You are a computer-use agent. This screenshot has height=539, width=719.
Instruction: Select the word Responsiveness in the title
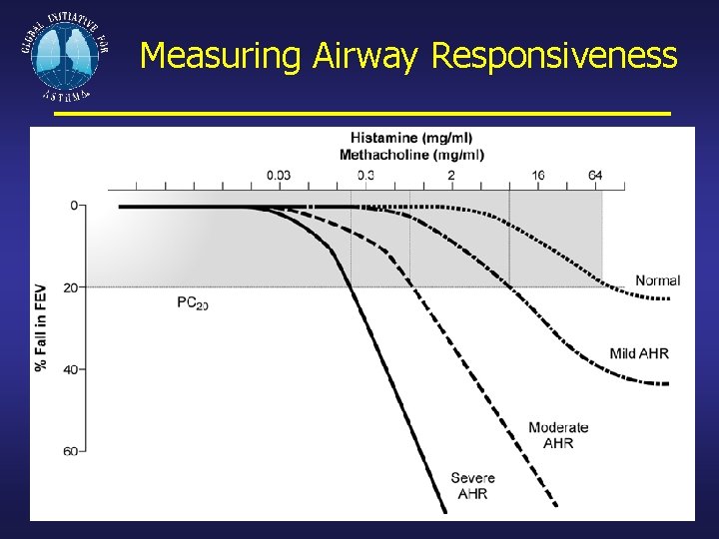click(x=554, y=56)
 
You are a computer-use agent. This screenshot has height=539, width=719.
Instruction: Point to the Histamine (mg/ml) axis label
click(x=411, y=138)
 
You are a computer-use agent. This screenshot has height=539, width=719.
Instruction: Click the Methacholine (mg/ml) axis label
click(x=411, y=154)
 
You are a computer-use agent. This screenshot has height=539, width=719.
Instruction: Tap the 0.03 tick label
click(x=279, y=175)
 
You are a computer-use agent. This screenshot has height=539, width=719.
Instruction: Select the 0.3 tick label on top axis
click(x=365, y=175)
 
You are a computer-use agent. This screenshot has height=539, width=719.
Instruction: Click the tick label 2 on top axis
click(x=451, y=175)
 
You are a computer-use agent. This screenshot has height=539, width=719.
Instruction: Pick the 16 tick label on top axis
click(x=538, y=175)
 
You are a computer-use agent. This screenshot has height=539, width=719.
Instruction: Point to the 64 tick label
click(x=595, y=175)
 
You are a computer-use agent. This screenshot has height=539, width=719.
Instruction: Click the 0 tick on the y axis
click(x=74, y=206)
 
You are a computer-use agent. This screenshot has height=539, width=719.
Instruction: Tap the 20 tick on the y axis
click(x=72, y=287)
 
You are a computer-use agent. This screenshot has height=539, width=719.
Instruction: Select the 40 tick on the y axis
click(x=72, y=369)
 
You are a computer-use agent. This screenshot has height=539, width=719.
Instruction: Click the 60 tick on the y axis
click(x=72, y=451)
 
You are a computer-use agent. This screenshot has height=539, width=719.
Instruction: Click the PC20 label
click(x=192, y=302)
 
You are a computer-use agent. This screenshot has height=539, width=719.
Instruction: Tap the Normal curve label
click(x=657, y=280)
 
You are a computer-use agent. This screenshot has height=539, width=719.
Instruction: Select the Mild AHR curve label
click(x=639, y=353)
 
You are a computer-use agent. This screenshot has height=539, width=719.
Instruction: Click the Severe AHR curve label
click(x=472, y=485)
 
